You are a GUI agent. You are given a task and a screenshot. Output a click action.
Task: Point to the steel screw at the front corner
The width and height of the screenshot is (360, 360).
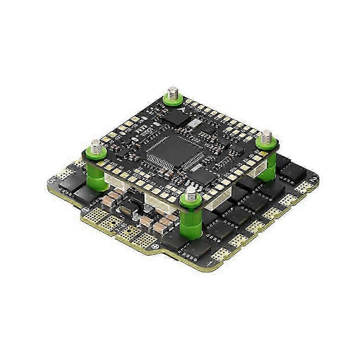(190, 195)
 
